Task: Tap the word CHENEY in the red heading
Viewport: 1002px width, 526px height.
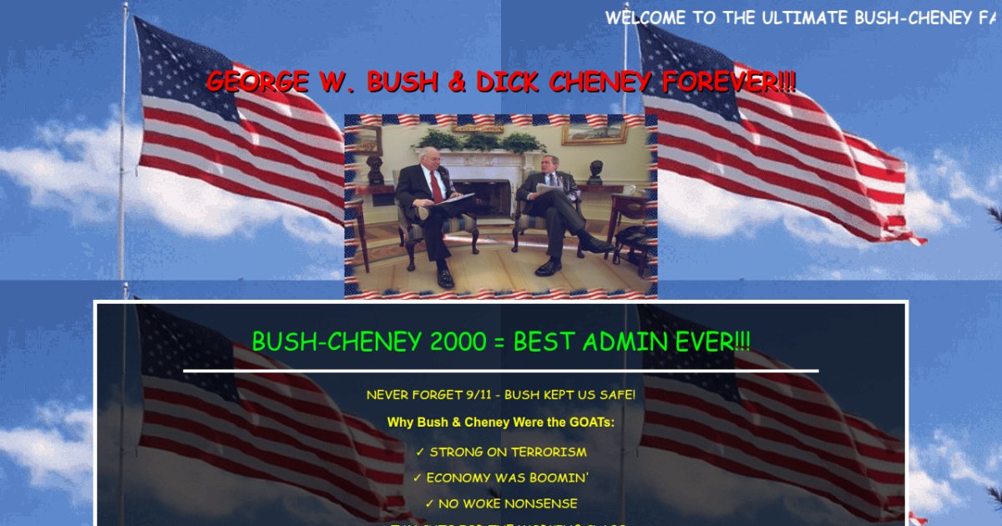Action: click(x=600, y=83)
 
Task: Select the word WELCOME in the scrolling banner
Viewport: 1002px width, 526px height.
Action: click(x=646, y=18)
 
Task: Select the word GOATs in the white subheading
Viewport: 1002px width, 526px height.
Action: click(x=589, y=422)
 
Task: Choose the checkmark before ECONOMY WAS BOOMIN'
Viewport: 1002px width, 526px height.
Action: click(x=417, y=478)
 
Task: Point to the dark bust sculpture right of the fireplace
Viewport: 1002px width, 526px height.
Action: click(x=596, y=171)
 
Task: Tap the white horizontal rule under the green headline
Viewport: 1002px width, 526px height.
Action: click(x=501, y=370)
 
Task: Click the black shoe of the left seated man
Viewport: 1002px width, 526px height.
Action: click(x=445, y=278)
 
